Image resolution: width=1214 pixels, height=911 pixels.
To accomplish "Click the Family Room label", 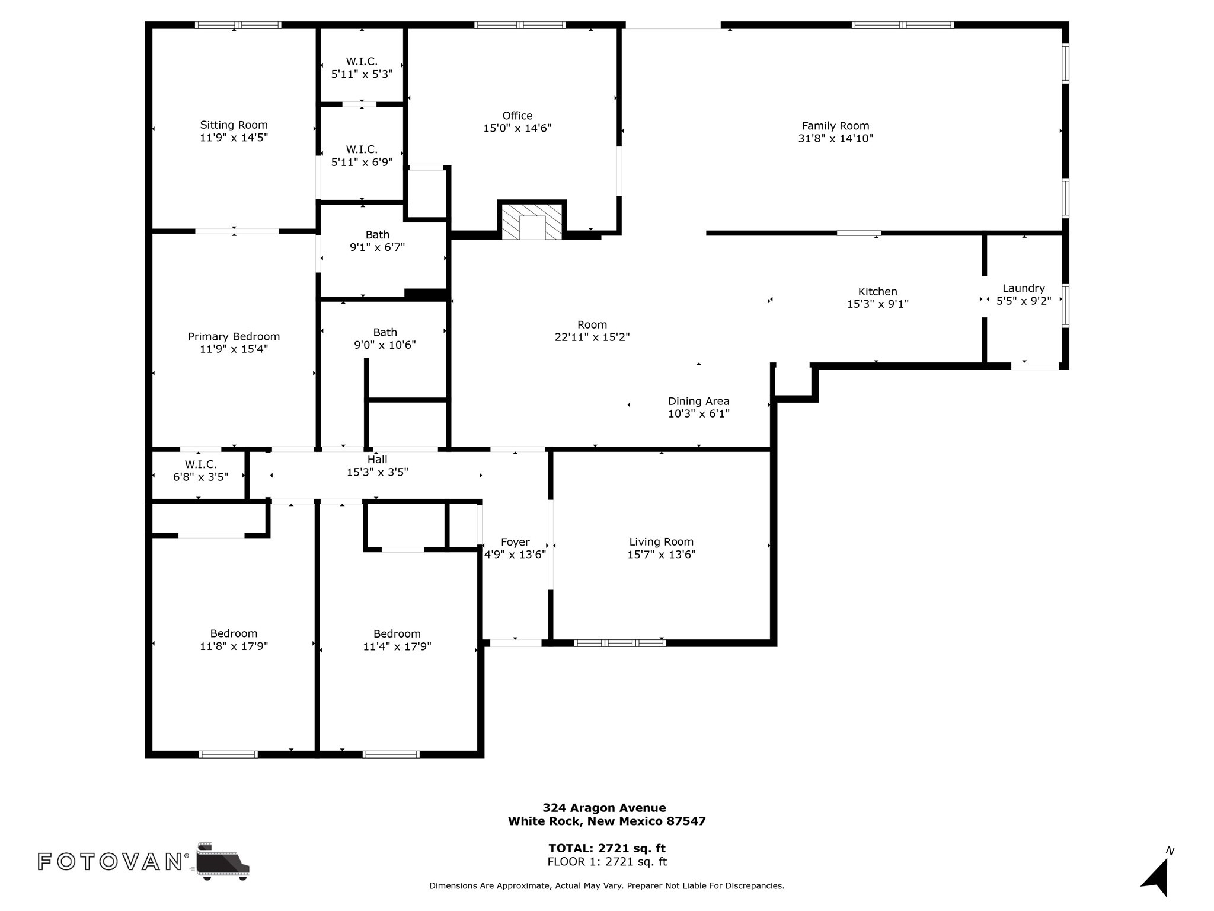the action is tap(835, 126).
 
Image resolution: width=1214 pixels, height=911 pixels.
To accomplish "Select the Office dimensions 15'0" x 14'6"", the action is tap(517, 128).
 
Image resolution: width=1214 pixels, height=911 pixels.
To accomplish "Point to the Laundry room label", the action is tap(1024, 289).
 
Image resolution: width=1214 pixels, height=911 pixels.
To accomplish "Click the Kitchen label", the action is tap(878, 291).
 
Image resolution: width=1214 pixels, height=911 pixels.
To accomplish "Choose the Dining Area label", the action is tap(699, 402).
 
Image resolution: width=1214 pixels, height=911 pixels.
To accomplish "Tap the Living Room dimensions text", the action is tap(662, 555).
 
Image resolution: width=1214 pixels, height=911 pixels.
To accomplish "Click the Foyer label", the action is tap(515, 542).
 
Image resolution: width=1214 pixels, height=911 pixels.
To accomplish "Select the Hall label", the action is tap(378, 460).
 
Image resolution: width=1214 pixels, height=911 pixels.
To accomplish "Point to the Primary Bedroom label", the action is tap(234, 336).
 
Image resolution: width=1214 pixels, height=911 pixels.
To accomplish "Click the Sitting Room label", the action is tap(234, 125).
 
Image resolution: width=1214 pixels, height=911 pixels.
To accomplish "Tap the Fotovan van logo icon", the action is tap(223, 861).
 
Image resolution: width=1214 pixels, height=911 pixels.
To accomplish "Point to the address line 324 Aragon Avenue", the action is tap(604, 808).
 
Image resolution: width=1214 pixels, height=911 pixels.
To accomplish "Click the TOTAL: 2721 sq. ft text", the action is tap(607, 848).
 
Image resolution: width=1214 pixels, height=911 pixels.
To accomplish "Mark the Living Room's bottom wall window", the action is tap(620, 643).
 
